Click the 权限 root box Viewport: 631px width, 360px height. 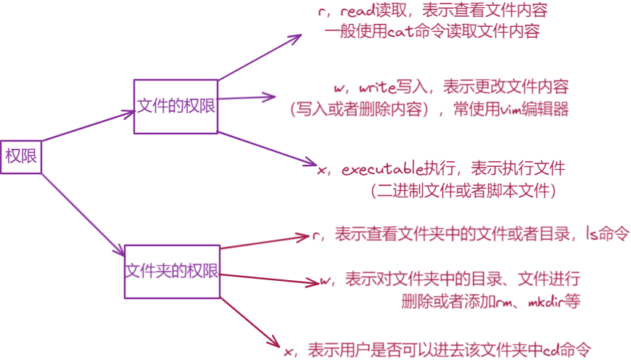22,155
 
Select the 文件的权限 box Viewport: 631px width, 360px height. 176,106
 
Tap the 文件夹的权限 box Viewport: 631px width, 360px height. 171,271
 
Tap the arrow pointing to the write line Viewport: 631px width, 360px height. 247,97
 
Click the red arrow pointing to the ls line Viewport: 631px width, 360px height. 265,241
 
